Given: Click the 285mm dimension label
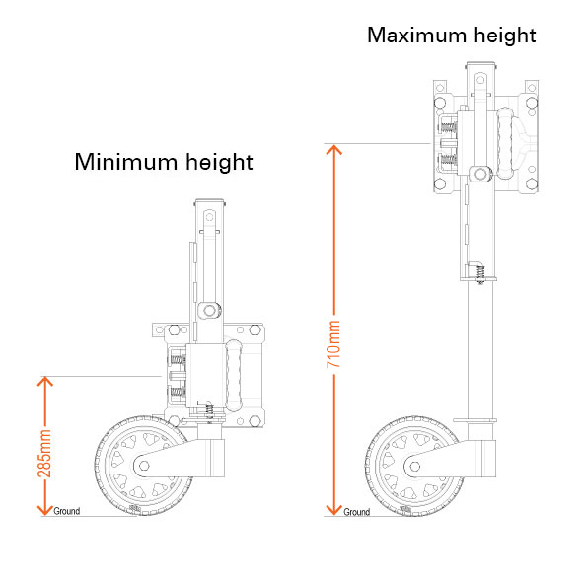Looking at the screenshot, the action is pos(44,453).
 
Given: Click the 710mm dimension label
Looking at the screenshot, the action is pos(333,344).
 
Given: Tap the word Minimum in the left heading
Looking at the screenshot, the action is pos(126,162).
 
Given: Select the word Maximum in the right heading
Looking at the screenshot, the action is pos(417,36).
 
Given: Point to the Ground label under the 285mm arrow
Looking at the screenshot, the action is pos(67,511).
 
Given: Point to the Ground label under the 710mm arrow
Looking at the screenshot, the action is pos(356,512).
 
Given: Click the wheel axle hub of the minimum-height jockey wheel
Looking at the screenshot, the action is pos(144,466).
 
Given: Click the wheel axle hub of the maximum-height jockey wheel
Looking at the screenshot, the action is pos(415,466).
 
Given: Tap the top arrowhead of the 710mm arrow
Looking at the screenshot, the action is pos(333,149).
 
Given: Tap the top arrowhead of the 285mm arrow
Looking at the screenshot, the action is pos(45,381).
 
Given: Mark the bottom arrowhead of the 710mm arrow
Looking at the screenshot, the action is pos(333,510).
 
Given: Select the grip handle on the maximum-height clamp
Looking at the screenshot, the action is pos(504,143).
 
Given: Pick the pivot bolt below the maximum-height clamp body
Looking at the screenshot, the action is pos(480,174).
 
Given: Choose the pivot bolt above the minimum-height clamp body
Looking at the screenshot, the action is pos(209,310).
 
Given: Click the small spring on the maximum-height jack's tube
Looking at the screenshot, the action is pos(480,274).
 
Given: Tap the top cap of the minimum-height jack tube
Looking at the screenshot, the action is pos(209,201).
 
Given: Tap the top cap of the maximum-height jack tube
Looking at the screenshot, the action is pos(480,64).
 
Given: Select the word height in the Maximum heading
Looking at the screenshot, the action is pos(505,36).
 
